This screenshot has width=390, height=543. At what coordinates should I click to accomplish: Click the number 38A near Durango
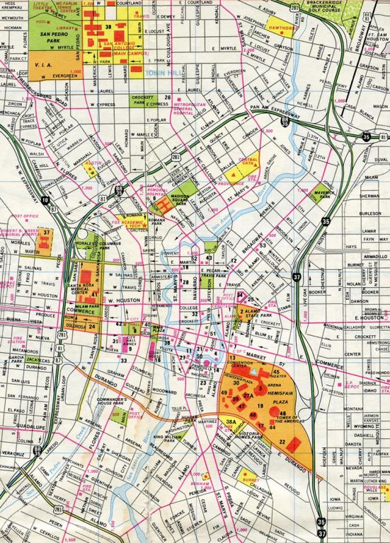click(x=231, y=422)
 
